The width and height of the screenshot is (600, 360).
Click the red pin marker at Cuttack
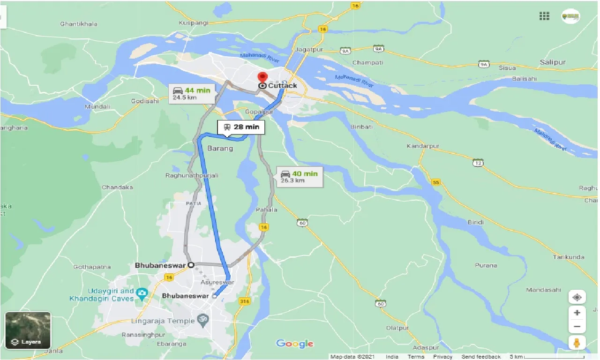click(262, 77)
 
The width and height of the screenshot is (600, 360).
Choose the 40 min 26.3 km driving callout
click(300, 177)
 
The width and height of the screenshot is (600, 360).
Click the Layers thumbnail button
click(28, 330)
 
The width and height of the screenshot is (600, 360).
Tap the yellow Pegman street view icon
click(577, 343)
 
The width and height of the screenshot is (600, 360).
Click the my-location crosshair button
click(577, 298)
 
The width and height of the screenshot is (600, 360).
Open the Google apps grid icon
click(544, 16)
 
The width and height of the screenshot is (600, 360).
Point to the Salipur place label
click(553, 62)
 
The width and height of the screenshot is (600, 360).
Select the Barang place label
click(220, 148)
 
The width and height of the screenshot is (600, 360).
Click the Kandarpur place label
click(423, 146)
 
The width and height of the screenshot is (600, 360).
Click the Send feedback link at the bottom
click(481, 357)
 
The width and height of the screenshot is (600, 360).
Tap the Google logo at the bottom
click(294, 344)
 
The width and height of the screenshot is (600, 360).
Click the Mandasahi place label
click(543, 290)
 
